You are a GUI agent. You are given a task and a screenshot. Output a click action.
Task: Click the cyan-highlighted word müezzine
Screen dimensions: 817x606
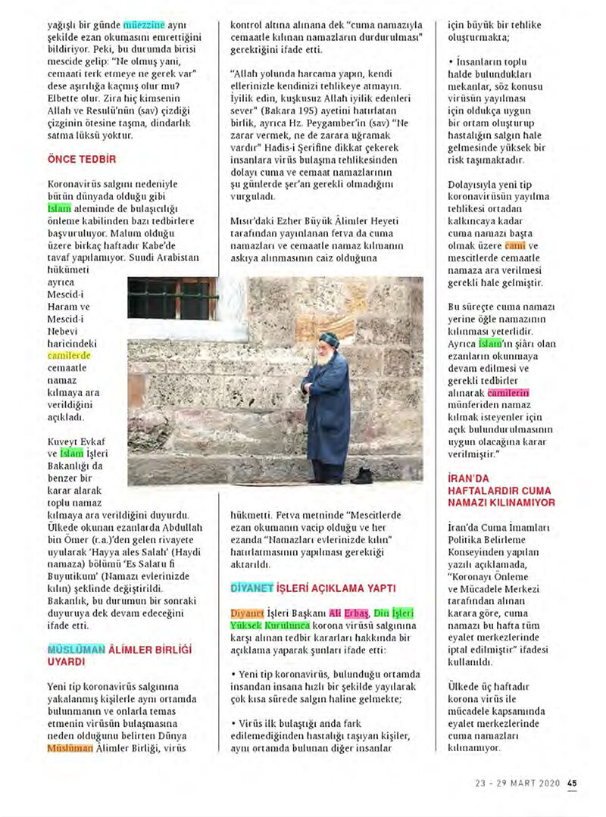click(144, 25)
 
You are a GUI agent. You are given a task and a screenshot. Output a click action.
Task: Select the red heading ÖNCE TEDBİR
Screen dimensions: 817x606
click(81, 160)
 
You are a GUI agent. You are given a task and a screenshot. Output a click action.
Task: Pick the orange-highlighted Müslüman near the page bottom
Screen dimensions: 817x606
click(70, 748)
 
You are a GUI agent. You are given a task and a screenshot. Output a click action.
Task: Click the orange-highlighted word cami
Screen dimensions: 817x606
click(515, 246)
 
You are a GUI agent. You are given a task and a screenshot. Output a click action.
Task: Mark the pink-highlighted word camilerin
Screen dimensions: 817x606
click(508, 393)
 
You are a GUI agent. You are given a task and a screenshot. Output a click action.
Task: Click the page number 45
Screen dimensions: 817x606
click(572, 784)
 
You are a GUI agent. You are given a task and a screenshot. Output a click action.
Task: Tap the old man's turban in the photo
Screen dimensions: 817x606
click(328, 339)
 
